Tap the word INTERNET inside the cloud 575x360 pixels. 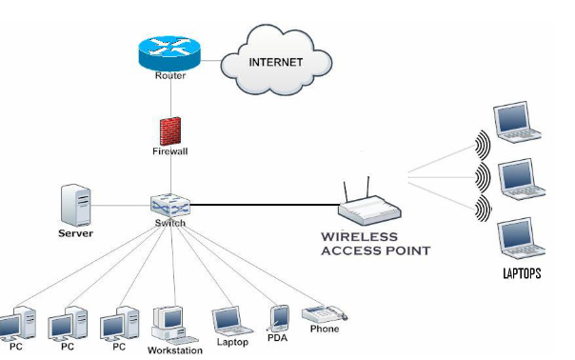click(x=275, y=62)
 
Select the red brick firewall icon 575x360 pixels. click(x=169, y=130)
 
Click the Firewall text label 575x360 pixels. click(x=170, y=150)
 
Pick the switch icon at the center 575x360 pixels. click(x=171, y=204)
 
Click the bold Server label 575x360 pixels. click(x=75, y=232)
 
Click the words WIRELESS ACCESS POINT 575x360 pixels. click(x=376, y=244)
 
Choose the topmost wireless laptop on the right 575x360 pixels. click(x=514, y=122)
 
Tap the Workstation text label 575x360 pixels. click(x=174, y=350)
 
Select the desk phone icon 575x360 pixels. click(x=323, y=313)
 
